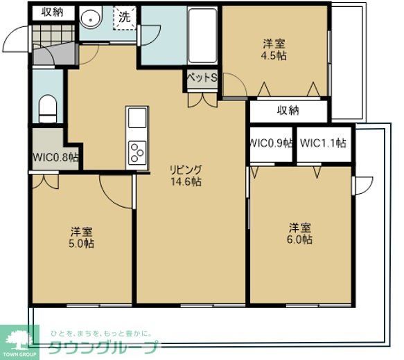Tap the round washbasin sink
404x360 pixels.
91,19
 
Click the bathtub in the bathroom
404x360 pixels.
202,35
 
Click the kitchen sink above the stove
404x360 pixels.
137,118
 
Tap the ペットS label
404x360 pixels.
200,78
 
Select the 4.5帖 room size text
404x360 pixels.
273,56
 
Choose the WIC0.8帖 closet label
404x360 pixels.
55,156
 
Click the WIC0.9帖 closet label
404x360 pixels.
271,144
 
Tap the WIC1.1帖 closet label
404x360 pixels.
323,144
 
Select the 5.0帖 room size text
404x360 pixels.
82,243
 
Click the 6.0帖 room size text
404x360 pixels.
300,240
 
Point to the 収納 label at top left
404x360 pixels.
52,11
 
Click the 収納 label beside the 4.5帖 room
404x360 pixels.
288,110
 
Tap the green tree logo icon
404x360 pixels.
19,338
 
